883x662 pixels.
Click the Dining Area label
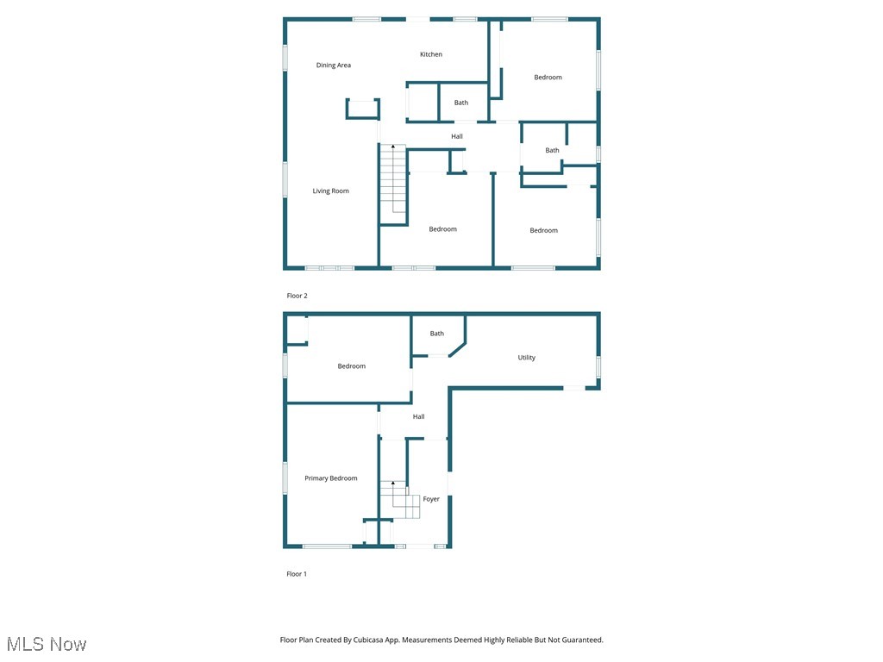point(333,66)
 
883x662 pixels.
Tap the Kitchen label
point(431,54)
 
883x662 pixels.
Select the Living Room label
point(330,191)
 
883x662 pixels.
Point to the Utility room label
point(526,358)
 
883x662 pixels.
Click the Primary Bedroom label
point(330,478)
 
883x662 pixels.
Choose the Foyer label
point(431,499)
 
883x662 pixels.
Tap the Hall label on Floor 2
point(457,136)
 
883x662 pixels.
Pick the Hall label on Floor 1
point(418,417)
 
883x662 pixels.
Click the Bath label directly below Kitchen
point(461,103)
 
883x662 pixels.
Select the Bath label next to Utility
point(437,334)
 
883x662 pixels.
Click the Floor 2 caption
point(297,296)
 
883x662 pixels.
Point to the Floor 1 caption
point(297,574)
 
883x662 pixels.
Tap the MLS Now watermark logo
point(47,644)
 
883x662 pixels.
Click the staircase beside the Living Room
point(393,179)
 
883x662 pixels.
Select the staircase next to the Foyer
point(400,500)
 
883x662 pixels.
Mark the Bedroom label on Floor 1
point(351,366)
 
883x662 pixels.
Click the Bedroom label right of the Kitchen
point(548,78)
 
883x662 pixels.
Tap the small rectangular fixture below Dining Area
point(362,109)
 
